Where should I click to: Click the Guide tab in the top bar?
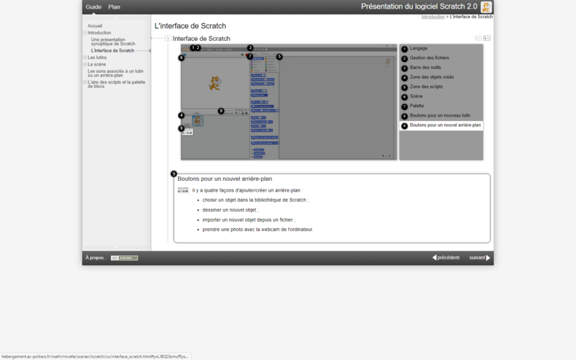click(x=94, y=6)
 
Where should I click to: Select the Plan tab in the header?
click(x=114, y=6)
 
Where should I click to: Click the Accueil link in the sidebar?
click(x=95, y=26)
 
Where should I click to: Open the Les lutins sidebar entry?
click(x=96, y=58)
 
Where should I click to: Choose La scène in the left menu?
click(x=96, y=64)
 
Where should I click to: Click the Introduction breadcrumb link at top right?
click(x=433, y=16)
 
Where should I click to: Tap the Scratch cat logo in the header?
click(x=487, y=6)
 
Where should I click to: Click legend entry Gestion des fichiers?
click(x=429, y=58)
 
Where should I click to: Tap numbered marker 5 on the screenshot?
click(x=279, y=56)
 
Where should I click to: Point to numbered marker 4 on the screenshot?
click(x=181, y=115)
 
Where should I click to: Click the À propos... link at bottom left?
click(x=96, y=257)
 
